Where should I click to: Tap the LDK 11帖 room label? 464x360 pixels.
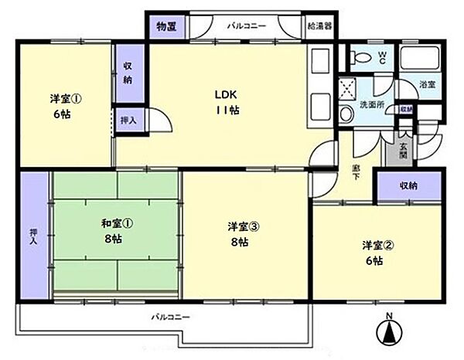click(227, 103)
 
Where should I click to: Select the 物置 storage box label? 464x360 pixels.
click(165, 26)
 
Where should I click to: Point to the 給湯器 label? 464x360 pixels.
click(318, 25)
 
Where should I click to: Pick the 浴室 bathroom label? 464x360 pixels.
click(427, 84)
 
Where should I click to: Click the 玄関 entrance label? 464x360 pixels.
click(403, 146)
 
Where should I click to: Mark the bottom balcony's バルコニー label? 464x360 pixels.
click(169, 318)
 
